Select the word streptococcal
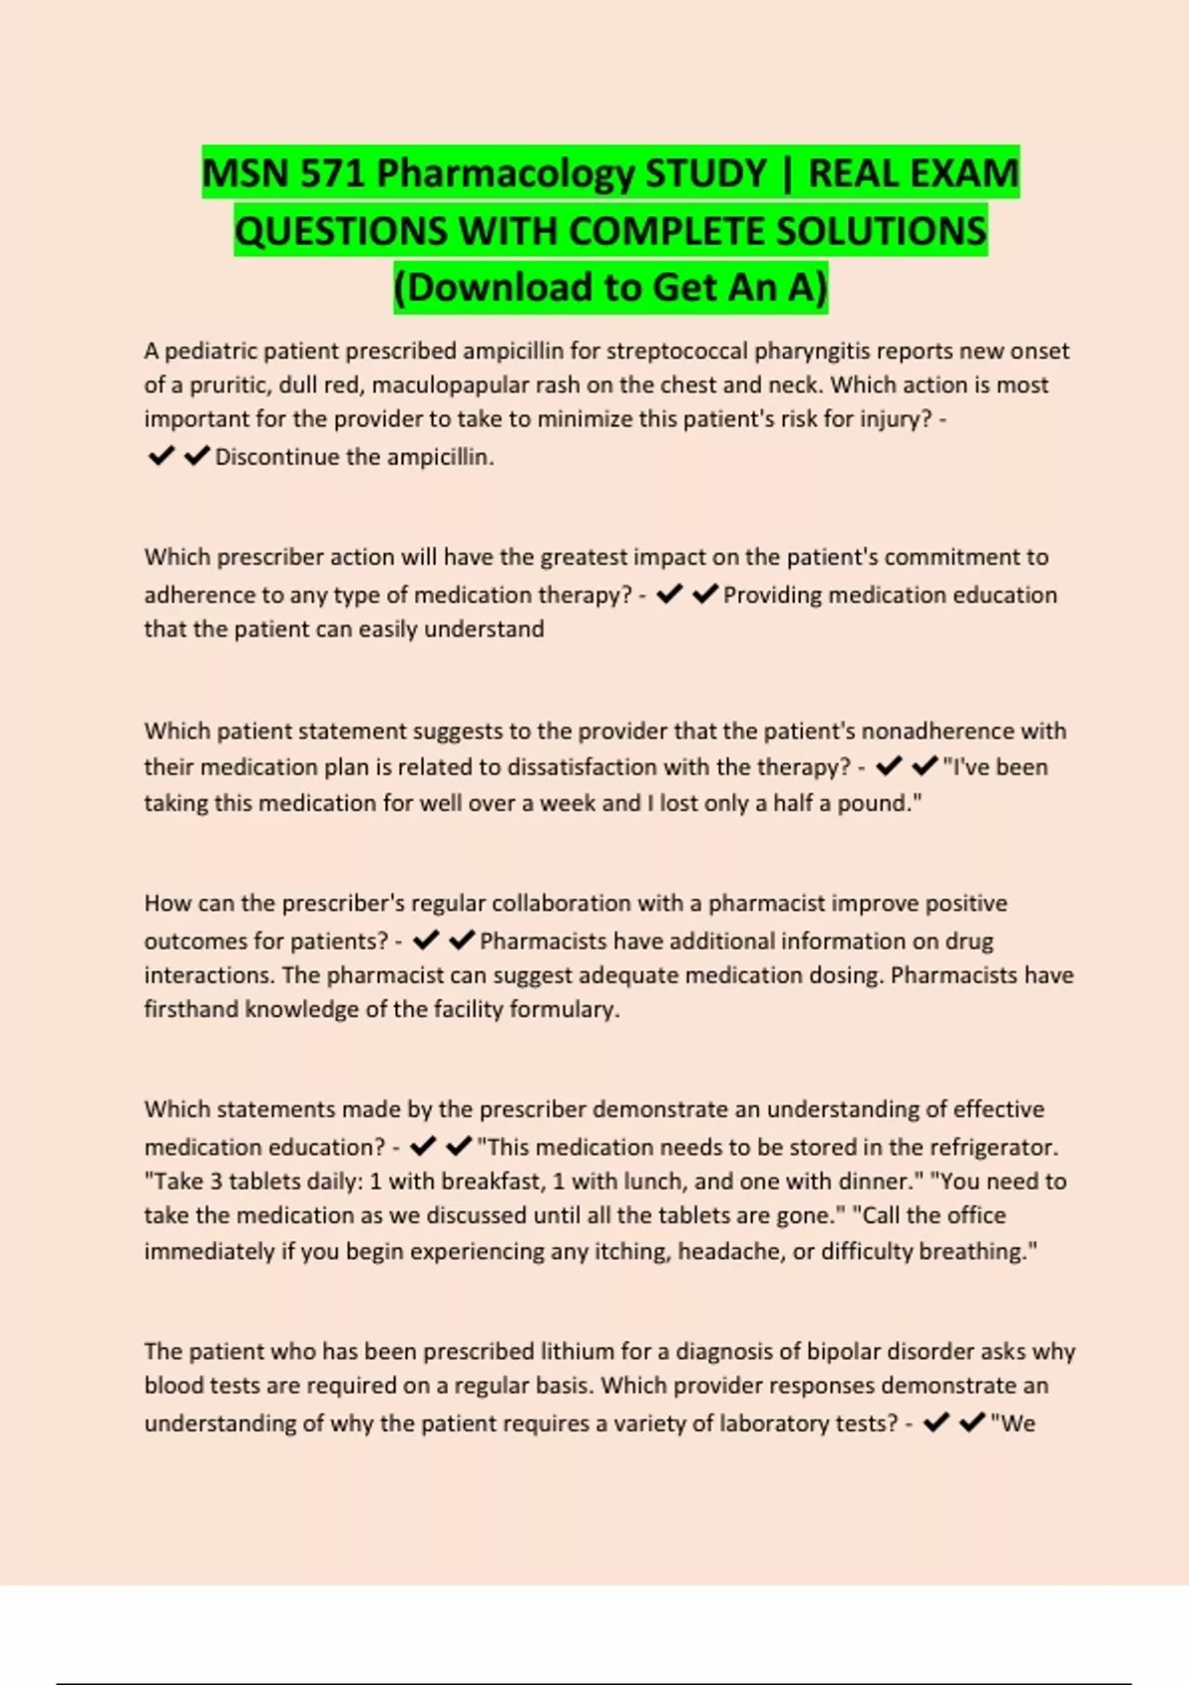[x=677, y=351]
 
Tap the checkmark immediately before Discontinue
[x=197, y=456]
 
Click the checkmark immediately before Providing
[x=705, y=594]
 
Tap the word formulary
[x=563, y=1009]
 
